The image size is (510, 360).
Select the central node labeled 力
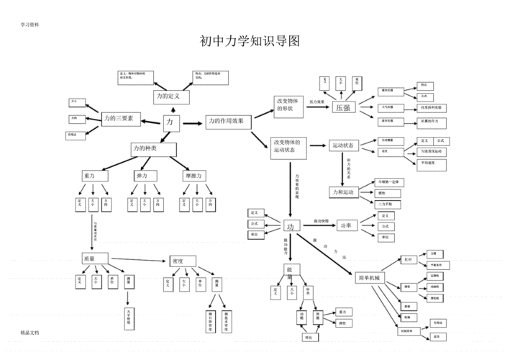click(170, 123)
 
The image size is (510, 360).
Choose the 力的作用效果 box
click(228, 122)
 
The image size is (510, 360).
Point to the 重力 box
click(94, 176)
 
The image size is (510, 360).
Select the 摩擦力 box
click(193, 176)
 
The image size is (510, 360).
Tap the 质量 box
click(95, 258)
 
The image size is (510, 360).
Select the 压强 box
click(343, 107)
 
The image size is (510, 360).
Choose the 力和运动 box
click(343, 192)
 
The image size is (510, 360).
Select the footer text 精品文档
click(29, 333)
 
